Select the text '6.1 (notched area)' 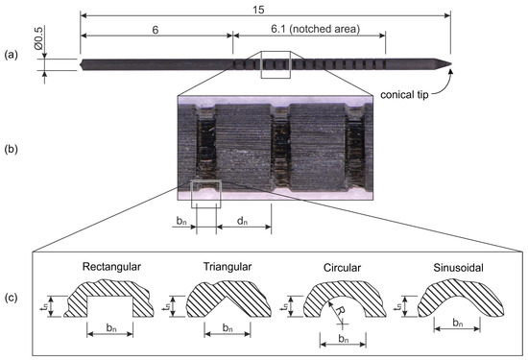[x=309, y=30]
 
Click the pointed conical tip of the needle [x=446, y=65]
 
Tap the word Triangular [x=220, y=264]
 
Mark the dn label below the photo [x=235, y=222]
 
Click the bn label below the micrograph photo [x=181, y=222]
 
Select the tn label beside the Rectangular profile [x=60, y=306]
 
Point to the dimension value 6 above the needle [x=156, y=30]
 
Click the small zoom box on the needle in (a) [x=276, y=64]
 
